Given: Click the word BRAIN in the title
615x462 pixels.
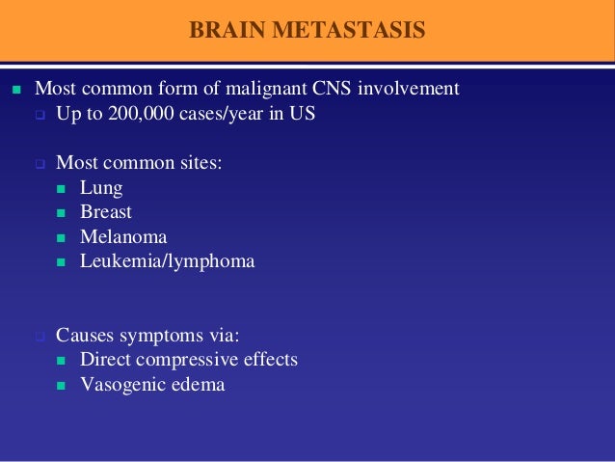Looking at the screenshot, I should coord(221,30).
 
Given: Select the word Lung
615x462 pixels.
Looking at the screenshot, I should coord(101,188).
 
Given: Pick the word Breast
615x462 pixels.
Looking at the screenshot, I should coord(106,212).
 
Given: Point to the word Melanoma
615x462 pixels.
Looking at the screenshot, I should coord(123,236).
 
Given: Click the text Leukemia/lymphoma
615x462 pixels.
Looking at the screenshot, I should coord(167,260).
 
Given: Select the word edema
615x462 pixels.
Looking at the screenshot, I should coord(199,384).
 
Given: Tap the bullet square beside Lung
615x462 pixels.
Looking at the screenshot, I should coord(61,189).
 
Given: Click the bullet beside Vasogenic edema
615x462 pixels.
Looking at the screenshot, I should coord(61,385).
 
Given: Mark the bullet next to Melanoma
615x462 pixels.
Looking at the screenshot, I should coord(61,237).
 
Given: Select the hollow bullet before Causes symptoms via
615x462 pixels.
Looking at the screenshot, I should coord(40,337).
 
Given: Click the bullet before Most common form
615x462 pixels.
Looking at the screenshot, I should coord(14,90).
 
